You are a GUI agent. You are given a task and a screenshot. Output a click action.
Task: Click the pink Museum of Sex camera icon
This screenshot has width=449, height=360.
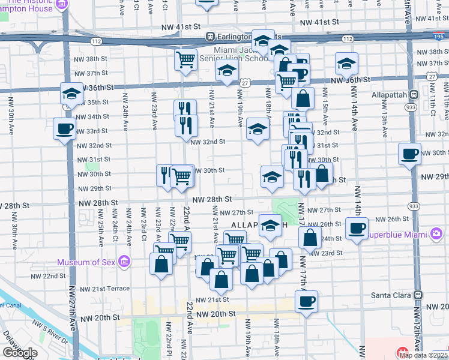pyautogui.click(x=124, y=262)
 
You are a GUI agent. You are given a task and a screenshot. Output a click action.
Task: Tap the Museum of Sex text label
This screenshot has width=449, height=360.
pyautogui.click(x=87, y=262)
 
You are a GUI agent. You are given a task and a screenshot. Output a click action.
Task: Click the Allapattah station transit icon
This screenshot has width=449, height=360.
pyautogui.click(x=414, y=95)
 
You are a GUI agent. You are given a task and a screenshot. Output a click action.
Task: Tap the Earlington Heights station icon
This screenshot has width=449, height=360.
pyautogui.click(x=210, y=36)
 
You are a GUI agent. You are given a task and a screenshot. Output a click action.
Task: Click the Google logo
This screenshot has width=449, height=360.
pyautogui.click(x=19, y=352)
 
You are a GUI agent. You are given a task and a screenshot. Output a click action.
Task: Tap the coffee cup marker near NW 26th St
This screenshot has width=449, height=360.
pyautogui.click(x=357, y=227)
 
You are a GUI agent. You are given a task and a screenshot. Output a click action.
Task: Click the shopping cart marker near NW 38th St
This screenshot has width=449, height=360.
pyautogui.click(x=186, y=59)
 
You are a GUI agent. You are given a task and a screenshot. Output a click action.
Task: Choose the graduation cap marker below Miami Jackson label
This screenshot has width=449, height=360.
pyautogui.click(x=227, y=72)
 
